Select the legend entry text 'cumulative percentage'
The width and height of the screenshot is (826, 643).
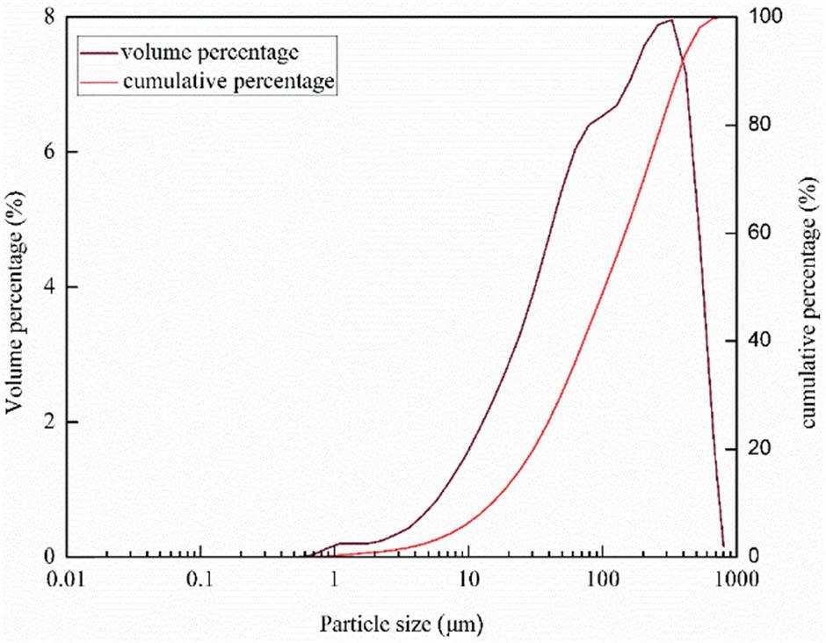pos(228,82)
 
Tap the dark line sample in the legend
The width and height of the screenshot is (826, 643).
pos(99,54)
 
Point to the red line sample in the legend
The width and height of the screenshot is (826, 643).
pos(99,83)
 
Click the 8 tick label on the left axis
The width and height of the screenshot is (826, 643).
pos(50,17)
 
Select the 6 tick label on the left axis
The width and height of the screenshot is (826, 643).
pos(50,152)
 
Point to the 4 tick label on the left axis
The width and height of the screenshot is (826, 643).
pos(50,287)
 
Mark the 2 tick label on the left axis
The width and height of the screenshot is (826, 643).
pos(50,422)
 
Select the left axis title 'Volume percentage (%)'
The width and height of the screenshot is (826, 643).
pos(15,287)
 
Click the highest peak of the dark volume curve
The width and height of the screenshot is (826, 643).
pos(670,20)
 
